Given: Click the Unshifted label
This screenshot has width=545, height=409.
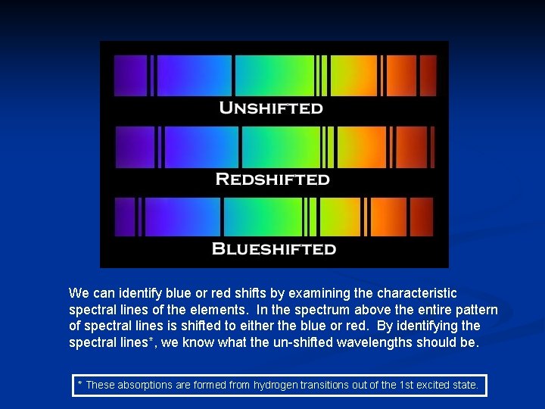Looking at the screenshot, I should click(x=271, y=108).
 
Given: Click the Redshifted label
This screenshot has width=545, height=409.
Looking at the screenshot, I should click(x=272, y=179).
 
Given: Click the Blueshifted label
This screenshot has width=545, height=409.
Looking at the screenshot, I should click(x=274, y=248).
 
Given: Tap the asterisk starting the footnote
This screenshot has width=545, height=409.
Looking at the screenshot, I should click(x=80, y=384).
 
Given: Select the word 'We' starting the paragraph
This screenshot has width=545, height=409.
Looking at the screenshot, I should click(x=77, y=293).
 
